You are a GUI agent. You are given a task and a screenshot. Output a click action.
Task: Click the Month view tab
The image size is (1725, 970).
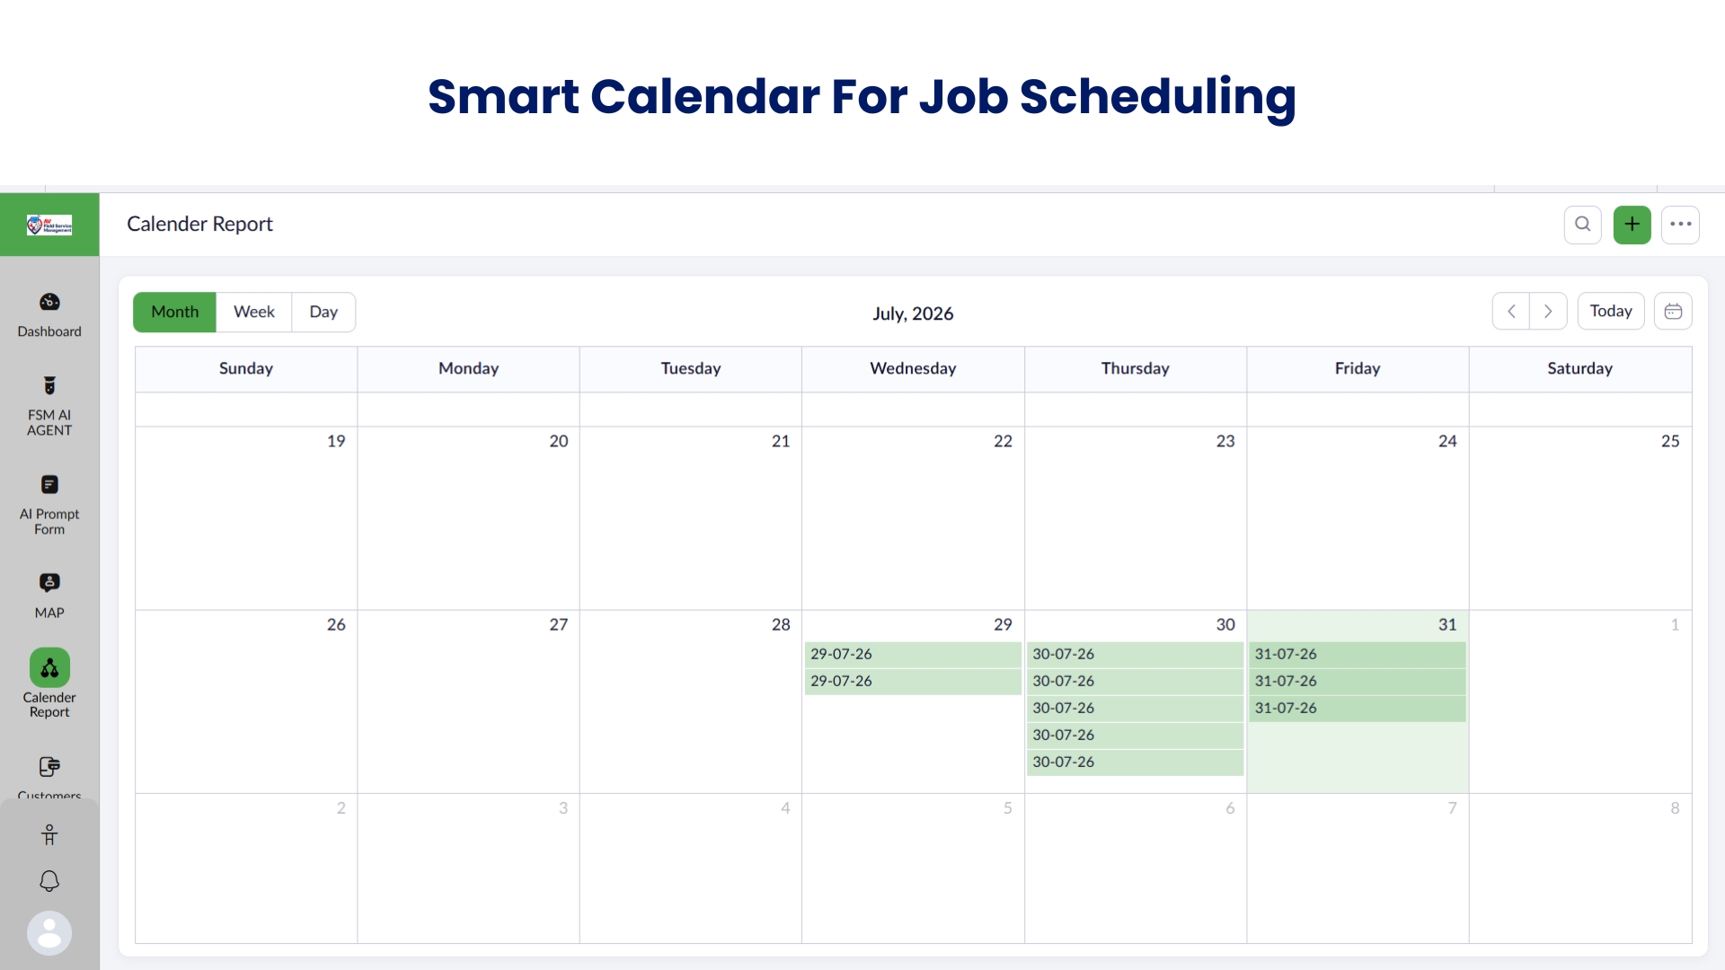coord(174,312)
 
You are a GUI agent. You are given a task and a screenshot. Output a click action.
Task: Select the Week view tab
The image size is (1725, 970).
coord(254,312)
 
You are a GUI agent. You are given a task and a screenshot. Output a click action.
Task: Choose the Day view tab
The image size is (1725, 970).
coord(323,312)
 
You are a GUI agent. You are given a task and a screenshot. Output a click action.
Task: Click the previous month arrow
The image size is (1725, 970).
coord(1511,312)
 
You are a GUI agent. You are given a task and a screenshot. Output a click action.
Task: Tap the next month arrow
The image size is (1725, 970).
coord(1548,312)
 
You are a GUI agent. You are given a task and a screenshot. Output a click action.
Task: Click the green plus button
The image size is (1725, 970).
coord(1632,225)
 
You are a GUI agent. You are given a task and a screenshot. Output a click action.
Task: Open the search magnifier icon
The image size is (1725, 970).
coord(1583,225)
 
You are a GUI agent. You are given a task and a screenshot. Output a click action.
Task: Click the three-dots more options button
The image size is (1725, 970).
coord(1681,225)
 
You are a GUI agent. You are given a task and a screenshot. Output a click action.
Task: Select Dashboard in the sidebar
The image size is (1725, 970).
coord(49,314)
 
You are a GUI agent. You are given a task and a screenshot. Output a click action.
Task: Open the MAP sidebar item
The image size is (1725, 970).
coord(49,595)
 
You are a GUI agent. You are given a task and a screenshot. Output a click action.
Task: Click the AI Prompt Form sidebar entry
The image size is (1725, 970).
coord(49,505)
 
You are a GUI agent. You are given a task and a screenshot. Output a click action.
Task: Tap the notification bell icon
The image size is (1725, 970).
coord(49,881)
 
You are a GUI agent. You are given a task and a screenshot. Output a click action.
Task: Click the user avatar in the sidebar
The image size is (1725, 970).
coord(49,933)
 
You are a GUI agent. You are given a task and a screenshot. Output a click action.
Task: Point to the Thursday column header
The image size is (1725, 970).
coord(1136,368)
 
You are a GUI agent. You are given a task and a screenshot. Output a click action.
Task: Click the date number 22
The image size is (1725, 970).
coord(1003,441)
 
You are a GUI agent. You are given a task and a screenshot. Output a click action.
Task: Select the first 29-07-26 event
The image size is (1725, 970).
coord(913,654)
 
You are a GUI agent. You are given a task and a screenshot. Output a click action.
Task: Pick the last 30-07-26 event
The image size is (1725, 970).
coord(1136,762)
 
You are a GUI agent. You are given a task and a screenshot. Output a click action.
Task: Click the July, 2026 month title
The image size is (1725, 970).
coord(913,313)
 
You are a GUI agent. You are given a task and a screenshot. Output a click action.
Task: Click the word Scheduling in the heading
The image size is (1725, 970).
coord(1158,97)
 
